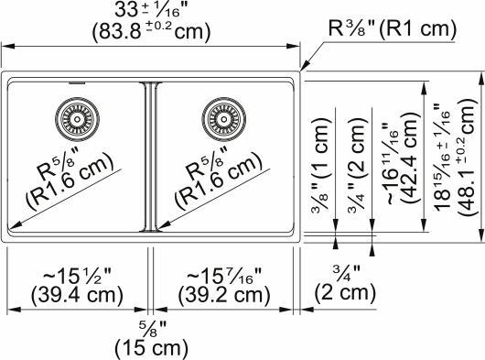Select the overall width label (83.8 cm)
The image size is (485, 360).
[x=152, y=31]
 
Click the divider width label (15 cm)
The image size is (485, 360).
[x=151, y=348]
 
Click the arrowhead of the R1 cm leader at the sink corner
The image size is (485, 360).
[x=302, y=70]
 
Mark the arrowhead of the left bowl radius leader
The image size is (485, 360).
[x=12, y=226]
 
